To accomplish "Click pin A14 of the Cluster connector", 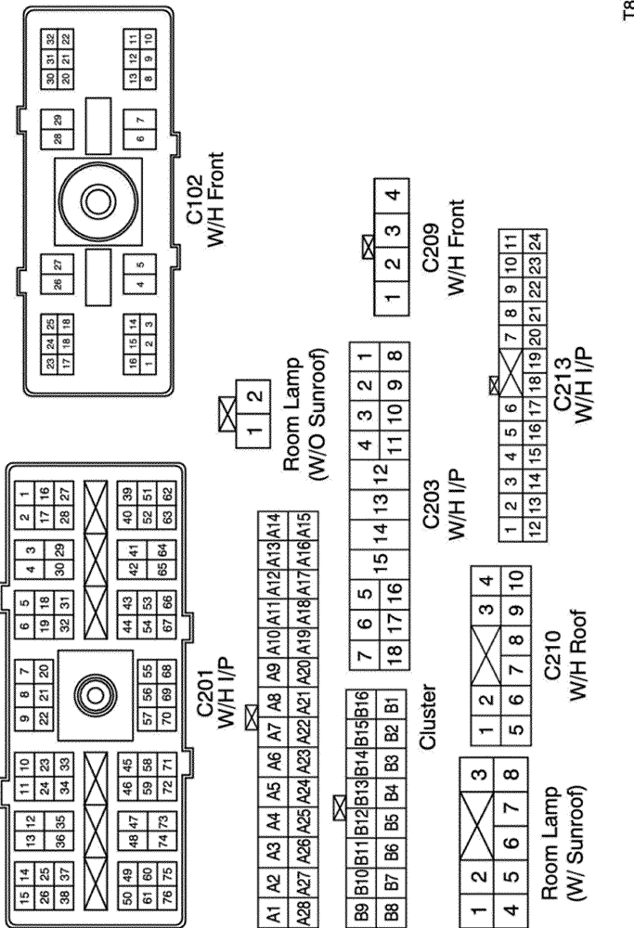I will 274,525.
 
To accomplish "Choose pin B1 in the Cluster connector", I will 393,702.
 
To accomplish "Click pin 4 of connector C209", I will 394,196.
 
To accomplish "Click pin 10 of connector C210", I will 515,582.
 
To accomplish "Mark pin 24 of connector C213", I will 535,244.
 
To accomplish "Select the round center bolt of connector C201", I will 95,692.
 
